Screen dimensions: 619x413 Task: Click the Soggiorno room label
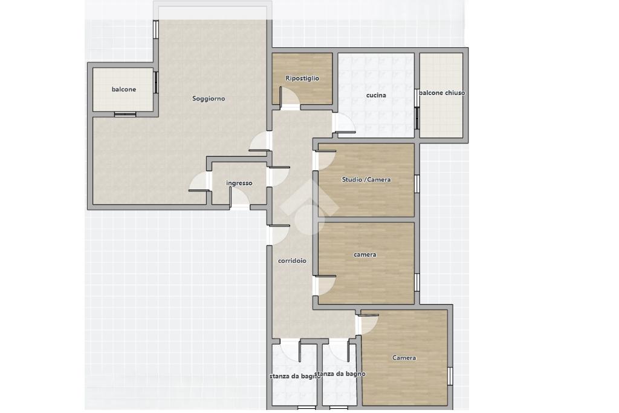pyautogui.click(x=209, y=99)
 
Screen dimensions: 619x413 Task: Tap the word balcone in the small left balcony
pyautogui.click(x=123, y=90)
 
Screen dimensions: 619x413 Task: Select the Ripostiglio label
pyautogui.click(x=302, y=78)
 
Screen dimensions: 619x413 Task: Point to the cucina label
pyautogui.click(x=376, y=95)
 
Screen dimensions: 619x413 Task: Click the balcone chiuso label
pyautogui.click(x=442, y=93)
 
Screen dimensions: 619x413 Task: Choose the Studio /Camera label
pyautogui.click(x=366, y=180)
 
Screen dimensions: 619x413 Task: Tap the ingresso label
pyautogui.click(x=239, y=183)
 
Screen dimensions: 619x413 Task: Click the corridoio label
pyautogui.click(x=292, y=260)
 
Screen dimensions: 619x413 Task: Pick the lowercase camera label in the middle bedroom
pyautogui.click(x=365, y=254)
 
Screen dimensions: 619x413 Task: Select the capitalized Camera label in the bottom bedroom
pyautogui.click(x=404, y=358)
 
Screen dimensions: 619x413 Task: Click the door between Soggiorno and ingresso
pyautogui.click(x=199, y=182)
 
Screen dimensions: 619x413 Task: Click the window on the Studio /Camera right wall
pyautogui.click(x=416, y=183)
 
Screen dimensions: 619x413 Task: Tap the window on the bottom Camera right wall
pyautogui.click(x=450, y=376)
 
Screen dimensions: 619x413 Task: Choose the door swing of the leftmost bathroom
pyautogui.click(x=291, y=350)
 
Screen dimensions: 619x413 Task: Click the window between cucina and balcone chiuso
pyautogui.click(x=416, y=118)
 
